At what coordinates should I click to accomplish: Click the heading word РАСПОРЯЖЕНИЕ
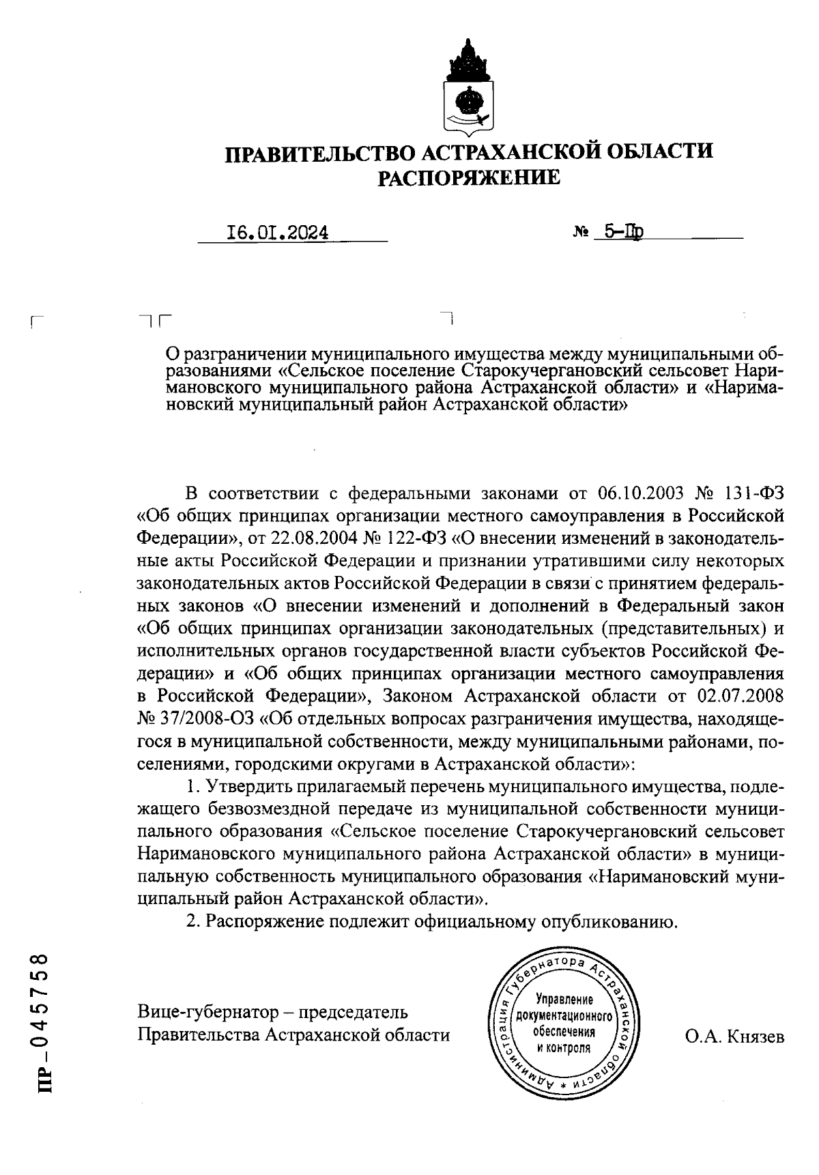(469, 178)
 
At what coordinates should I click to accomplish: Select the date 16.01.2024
(276, 233)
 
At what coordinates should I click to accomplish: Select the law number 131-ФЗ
(752, 493)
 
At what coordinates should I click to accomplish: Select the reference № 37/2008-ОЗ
(195, 719)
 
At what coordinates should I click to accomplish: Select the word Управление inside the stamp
(563, 1000)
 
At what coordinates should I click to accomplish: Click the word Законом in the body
(417, 696)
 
